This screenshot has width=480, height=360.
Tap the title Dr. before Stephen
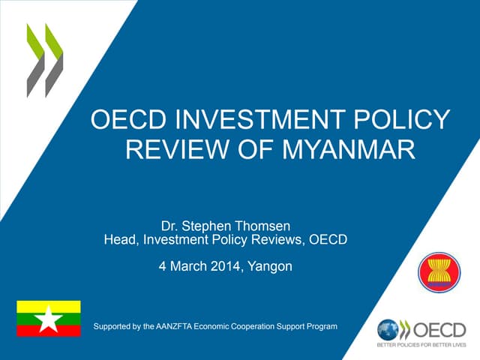tap(171, 225)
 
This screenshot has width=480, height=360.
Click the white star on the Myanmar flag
tap(49, 319)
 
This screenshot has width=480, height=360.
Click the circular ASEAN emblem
tap(439, 271)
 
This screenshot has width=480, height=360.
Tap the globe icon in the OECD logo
tap(388, 329)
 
